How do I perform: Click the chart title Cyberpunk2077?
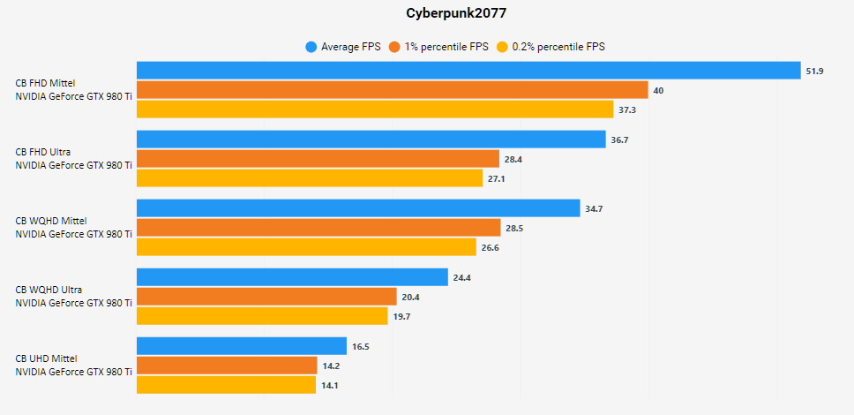426,14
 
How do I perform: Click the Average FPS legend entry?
351,47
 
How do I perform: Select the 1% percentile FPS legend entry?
446,47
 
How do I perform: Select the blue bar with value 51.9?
468,71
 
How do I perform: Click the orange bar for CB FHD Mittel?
393,90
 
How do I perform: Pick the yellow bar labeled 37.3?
375,109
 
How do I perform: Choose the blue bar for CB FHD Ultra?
371,140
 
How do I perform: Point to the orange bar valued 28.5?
318,228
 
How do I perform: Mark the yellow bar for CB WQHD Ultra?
262,316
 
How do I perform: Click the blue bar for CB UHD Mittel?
242,346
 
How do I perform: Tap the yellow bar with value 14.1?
226,385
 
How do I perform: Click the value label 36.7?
620,140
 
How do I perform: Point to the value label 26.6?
491,247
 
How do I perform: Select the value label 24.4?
463,277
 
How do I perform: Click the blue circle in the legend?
311,47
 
